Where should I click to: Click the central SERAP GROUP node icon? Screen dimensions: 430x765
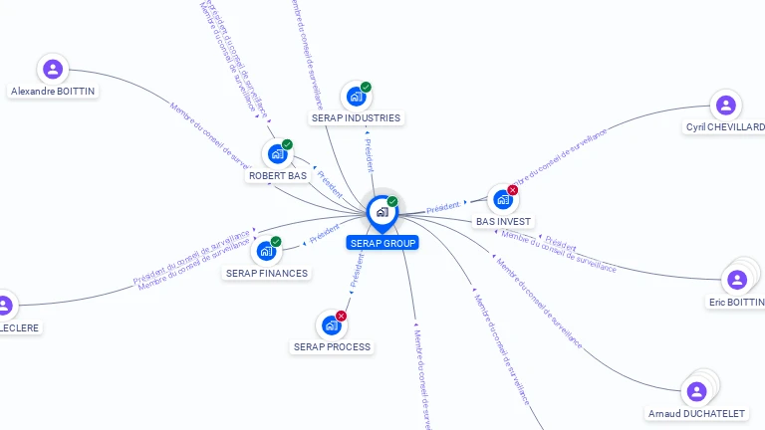pos(382,212)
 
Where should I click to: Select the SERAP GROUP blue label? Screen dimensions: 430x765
pos(382,243)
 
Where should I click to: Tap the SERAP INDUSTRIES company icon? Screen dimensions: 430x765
pos(355,98)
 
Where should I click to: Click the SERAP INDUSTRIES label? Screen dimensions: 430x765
pos(356,117)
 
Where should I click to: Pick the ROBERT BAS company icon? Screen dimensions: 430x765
pos(276,154)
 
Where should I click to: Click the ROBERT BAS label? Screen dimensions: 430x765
pos(278,175)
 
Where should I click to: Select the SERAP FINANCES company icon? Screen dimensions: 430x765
pos(265,251)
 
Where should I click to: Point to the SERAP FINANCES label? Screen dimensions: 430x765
pos(267,273)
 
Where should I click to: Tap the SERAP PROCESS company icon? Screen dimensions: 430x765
pos(331,325)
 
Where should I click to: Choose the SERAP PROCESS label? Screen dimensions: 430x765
pos(332,347)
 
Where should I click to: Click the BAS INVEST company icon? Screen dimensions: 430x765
pos(502,200)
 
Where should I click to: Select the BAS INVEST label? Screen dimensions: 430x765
pos(503,221)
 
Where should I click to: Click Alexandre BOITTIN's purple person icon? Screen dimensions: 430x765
pos(53,70)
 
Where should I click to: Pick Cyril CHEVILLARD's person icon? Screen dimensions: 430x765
pos(726,106)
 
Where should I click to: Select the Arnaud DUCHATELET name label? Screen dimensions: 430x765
pos(697,413)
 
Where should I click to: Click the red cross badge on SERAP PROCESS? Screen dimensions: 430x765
pos(342,316)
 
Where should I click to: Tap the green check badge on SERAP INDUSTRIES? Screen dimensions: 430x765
pos(366,88)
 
